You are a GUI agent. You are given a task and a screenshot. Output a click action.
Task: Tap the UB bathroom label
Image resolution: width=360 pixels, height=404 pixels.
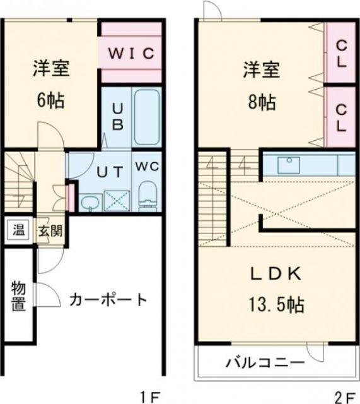tap(117, 117)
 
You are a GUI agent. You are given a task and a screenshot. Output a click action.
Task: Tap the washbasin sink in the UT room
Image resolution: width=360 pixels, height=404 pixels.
tap(90, 202)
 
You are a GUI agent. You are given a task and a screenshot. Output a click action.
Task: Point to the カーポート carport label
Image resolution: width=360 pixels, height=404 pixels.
tap(108, 299)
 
